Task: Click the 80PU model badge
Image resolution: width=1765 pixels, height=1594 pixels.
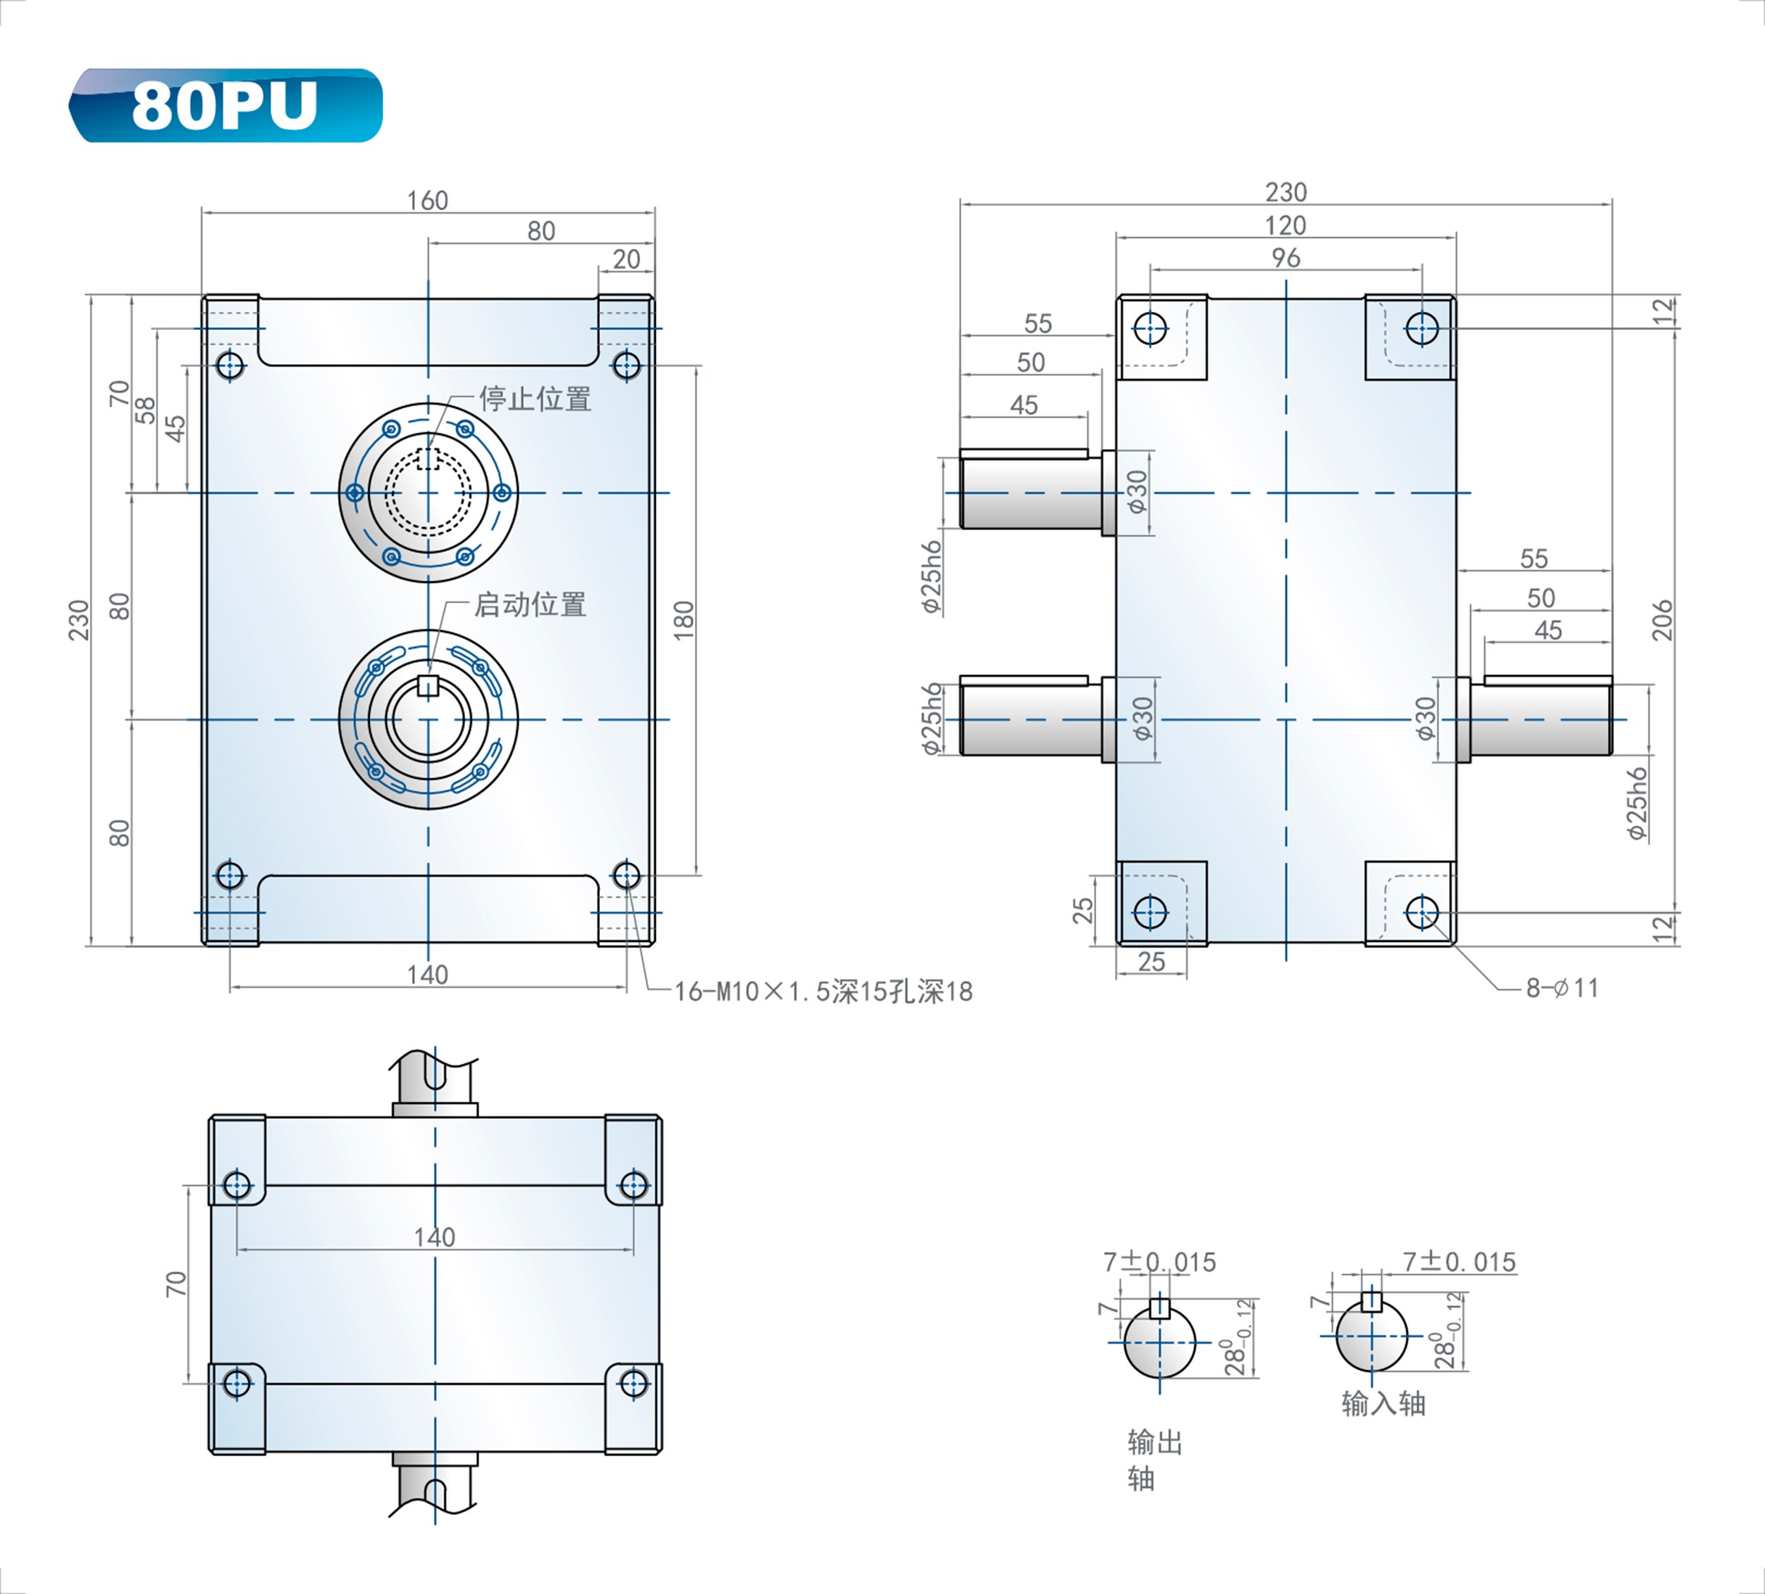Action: [226, 105]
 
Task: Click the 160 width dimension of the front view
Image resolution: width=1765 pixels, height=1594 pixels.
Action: [427, 200]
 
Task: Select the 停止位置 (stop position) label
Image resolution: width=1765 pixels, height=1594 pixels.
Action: [535, 399]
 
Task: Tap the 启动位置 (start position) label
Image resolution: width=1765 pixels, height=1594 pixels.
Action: [530, 604]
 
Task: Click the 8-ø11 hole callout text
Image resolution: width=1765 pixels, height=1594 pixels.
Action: [1562, 988]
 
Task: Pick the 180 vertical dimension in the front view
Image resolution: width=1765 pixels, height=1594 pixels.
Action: [684, 620]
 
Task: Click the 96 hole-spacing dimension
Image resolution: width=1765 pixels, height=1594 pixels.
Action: [1286, 257]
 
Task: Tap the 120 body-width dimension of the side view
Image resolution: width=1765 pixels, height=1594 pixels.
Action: [1285, 225]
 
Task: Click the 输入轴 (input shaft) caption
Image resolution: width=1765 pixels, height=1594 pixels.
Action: [1383, 1403]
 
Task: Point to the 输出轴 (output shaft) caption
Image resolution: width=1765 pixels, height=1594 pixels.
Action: [1155, 1460]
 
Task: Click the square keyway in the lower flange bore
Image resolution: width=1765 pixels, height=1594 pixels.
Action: [427, 685]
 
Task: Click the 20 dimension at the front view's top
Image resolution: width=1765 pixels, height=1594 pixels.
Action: [626, 259]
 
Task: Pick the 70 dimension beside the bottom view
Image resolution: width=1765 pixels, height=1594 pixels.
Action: [176, 1284]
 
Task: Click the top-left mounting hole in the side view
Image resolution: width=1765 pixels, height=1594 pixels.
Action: [1151, 329]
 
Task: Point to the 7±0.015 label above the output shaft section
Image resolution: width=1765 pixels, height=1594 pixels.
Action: [1159, 1263]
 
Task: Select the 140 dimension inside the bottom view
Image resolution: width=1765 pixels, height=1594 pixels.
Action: [435, 1237]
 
